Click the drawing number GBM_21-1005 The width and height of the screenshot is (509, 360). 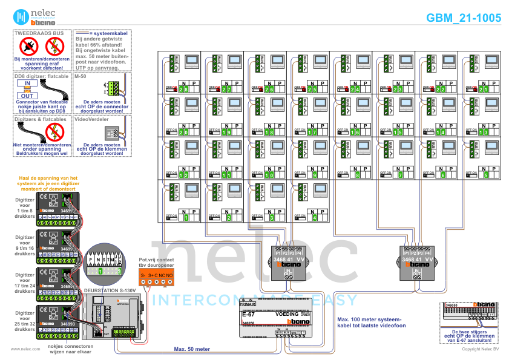(x=464, y=18)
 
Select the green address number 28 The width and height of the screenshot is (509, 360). (x=183, y=89)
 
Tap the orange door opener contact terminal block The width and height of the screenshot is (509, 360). (x=157, y=279)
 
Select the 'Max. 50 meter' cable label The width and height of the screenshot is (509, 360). (x=192, y=349)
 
